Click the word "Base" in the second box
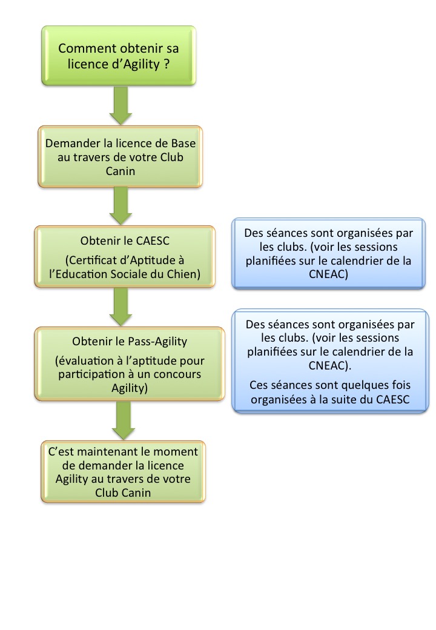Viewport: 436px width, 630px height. (184, 144)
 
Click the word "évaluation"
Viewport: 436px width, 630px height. (82, 360)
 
